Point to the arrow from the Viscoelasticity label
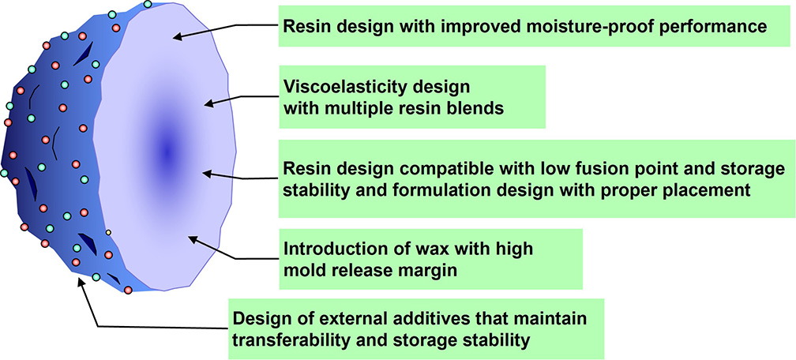[237, 99]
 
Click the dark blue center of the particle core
[167, 149]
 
